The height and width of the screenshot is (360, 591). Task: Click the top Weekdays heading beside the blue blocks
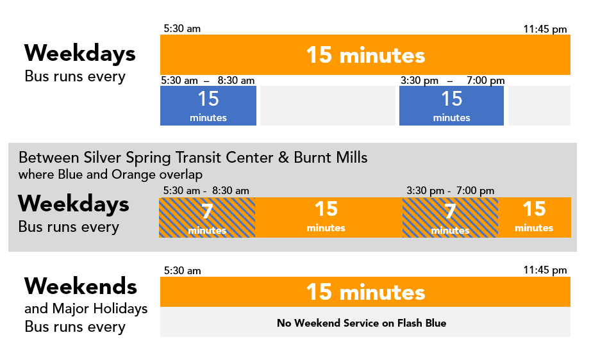(x=80, y=53)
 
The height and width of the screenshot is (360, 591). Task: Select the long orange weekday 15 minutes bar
(x=365, y=54)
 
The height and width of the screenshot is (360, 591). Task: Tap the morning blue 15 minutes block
(x=208, y=106)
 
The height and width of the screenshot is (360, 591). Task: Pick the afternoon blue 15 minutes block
(x=451, y=106)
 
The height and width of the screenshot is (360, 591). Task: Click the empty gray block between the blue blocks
(x=328, y=106)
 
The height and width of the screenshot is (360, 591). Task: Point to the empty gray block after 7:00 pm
(x=539, y=106)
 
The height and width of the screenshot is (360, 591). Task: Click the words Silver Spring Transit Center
(x=178, y=158)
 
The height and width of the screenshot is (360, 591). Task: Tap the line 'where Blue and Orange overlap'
(x=110, y=174)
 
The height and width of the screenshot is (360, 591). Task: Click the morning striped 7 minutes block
(x=207, y=217)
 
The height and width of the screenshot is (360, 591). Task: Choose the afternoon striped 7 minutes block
(x=450, y=217)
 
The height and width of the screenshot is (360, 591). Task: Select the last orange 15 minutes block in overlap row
(x=535, y=217)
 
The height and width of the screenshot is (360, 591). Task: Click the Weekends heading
(x=81, y=286)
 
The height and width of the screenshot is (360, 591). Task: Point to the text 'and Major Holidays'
(x=86, y=309)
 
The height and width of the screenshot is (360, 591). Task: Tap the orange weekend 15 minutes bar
(x=365, y=292)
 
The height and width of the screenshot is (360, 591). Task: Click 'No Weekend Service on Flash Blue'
(x=362, y=323)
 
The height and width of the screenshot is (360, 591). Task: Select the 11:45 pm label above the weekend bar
(x=545, y=270)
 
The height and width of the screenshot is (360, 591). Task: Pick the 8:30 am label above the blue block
(x=236, y=81)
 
